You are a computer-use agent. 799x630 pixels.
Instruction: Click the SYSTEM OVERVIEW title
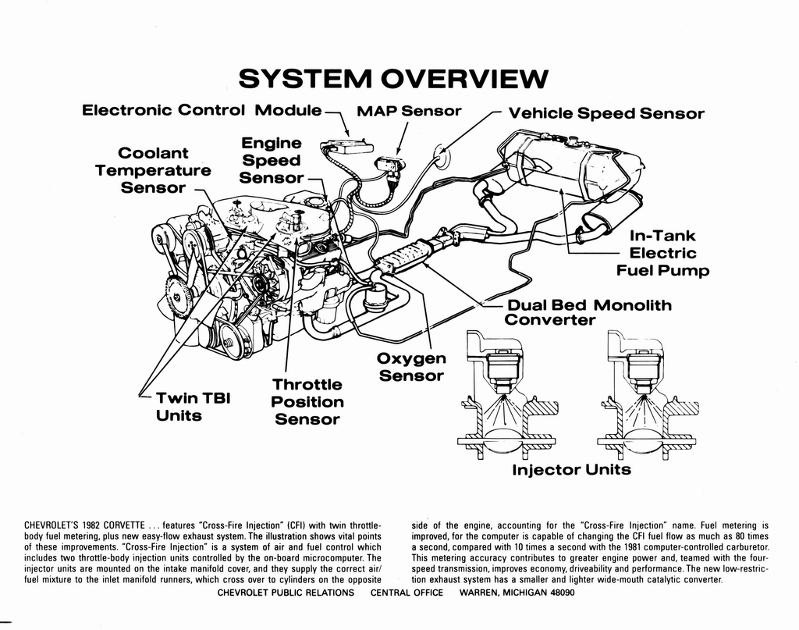coord(394,79)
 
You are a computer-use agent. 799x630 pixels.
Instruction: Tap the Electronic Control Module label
coord(201,110)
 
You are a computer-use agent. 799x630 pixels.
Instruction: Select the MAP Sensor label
coord(409,111)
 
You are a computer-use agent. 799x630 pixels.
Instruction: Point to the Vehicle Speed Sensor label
coord(606,114)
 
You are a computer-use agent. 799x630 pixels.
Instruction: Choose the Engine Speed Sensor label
coord(271,161)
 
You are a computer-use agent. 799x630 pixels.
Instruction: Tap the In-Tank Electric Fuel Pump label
coord(662,253)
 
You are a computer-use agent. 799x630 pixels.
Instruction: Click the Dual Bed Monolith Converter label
coord(588,311)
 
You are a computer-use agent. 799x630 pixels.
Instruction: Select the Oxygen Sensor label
coord(411,367)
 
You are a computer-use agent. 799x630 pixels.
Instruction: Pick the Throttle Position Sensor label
coord(307,401)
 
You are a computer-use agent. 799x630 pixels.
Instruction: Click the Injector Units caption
coord(571,470)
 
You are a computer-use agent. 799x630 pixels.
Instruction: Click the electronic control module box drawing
coord(348,148)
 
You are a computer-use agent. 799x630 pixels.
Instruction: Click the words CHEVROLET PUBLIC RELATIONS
coord(285,593)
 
